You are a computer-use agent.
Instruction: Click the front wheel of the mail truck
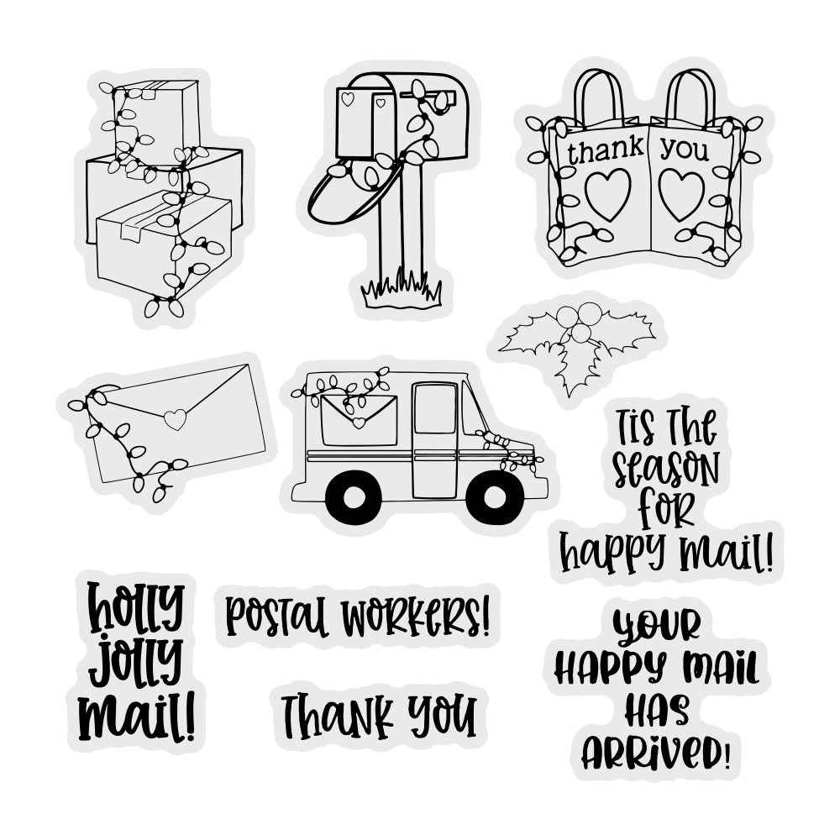(x=495, y=497)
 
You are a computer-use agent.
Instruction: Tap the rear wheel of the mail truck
(x=354, y=497)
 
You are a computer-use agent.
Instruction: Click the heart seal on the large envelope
(x=176, y=419)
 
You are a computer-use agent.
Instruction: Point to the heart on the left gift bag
(x=607, y=194)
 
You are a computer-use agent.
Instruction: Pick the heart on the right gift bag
(x=681, y=195)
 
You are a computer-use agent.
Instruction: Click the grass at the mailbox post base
(x=402, y=290)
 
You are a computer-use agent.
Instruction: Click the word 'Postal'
(x=276, y=616)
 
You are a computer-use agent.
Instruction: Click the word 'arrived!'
(x=656, y=752)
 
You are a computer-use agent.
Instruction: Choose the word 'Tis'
(x=635, y=426)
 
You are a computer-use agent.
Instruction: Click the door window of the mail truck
(x=435, y=408)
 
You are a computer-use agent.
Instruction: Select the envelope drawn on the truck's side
(x=359, y=420)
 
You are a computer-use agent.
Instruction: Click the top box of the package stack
(x=157, y=122)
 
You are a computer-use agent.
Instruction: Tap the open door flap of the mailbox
(x=355, y=190)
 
